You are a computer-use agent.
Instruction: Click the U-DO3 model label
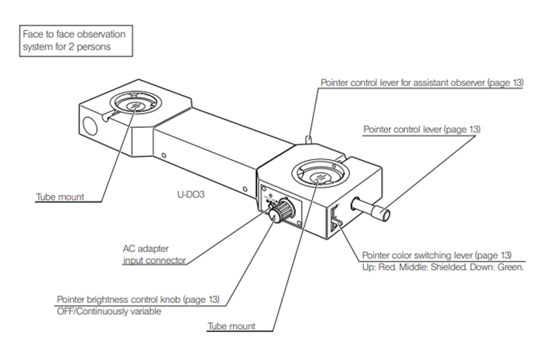tap(191, 194)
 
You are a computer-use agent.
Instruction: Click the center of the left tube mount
tap(135, 105)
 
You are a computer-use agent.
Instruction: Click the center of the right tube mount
tap(321, 175)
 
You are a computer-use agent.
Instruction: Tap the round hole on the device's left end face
tap(89, 126)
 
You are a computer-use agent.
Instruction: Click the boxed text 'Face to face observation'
tap(74, 34)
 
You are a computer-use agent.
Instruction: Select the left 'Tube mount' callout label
tap(60, 197)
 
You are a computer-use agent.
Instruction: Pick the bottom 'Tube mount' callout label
tap(232, 326)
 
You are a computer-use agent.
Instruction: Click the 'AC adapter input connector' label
tap(154, 254)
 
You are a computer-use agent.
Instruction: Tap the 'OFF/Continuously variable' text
tap(109, 311)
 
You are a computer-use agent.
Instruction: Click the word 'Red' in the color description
tap(387, 267)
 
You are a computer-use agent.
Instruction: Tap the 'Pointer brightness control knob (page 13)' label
tap(138, 300)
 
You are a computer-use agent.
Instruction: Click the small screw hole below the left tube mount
tap(164, 156)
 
